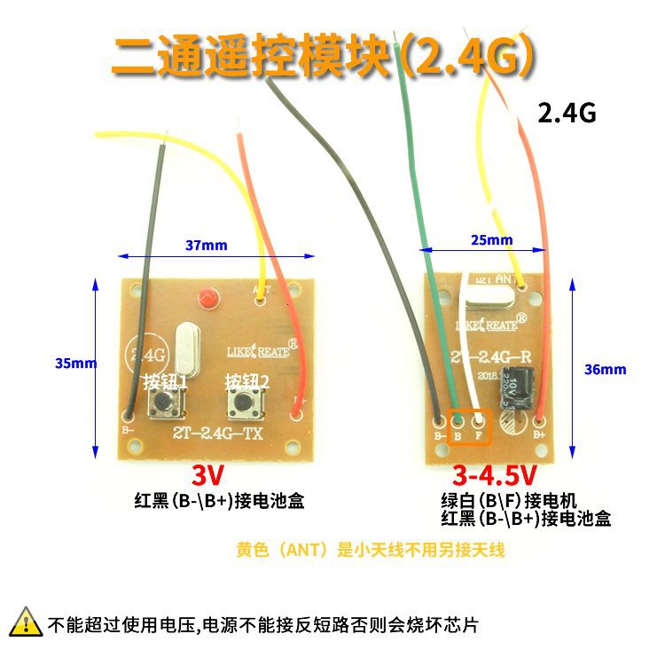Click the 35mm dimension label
pos(74,364)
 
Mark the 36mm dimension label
pos(606,369)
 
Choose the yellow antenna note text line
pos(371,550)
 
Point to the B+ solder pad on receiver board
pos(538,420)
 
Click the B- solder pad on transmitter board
pos(129,414)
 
